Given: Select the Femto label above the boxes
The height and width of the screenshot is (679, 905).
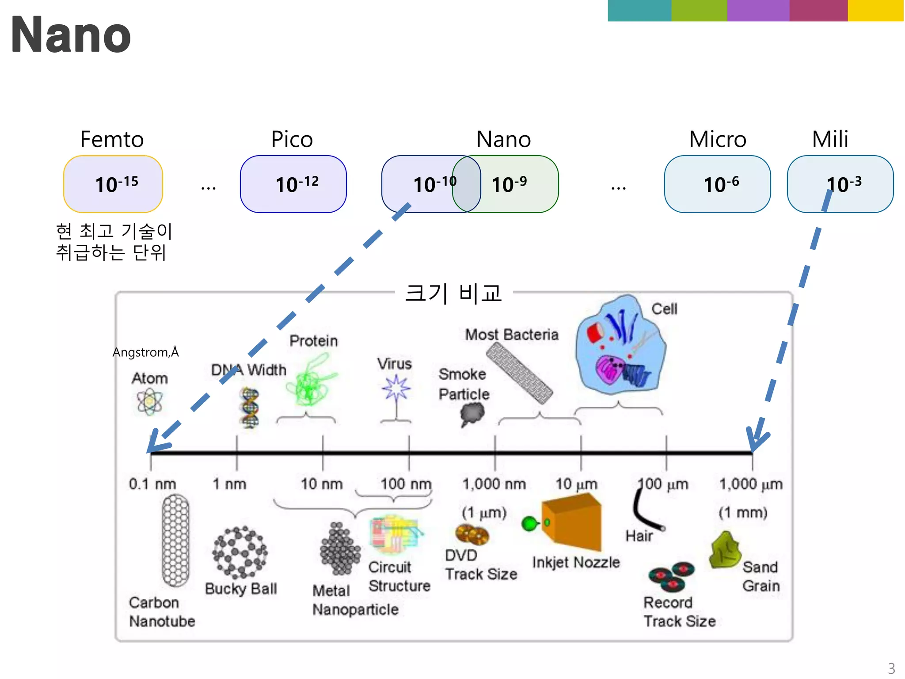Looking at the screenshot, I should point(112,139).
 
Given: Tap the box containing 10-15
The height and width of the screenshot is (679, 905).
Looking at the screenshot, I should point(113,184).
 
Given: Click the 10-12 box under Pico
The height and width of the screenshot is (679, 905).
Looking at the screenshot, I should point(293,184).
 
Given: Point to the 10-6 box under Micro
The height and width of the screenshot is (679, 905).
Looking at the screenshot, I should point(717,184).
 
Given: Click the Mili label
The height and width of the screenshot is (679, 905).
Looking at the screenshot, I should point(830,139).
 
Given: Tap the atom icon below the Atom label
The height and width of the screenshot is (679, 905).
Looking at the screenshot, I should point(149,402).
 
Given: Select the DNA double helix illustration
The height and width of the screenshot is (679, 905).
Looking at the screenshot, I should point(250,408).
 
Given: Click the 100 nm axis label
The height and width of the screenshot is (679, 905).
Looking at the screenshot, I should point(406,484).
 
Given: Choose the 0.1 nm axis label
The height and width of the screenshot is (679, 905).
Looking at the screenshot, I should point(152,484).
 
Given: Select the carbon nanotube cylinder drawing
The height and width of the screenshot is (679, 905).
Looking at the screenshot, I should point(175,540).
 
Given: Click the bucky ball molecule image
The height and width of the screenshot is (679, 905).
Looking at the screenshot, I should point(240,553).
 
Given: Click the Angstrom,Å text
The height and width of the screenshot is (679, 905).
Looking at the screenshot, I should point(145,352).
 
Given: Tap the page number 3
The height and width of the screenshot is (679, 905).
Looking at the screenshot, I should point(891,668).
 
